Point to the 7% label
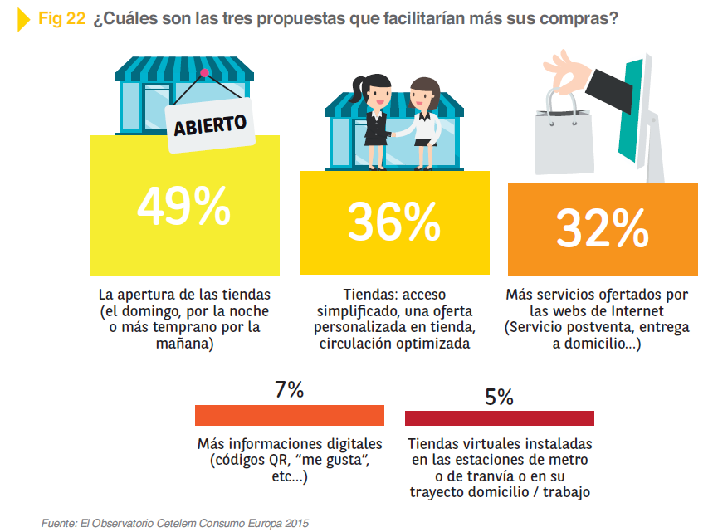coord(289,390)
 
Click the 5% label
coord(499,397)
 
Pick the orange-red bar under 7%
coord(289,415)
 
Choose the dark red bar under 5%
coord(499,417)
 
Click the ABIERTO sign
coord(210,125)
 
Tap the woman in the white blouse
coord(425,120)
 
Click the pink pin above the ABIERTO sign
coord(204,73)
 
